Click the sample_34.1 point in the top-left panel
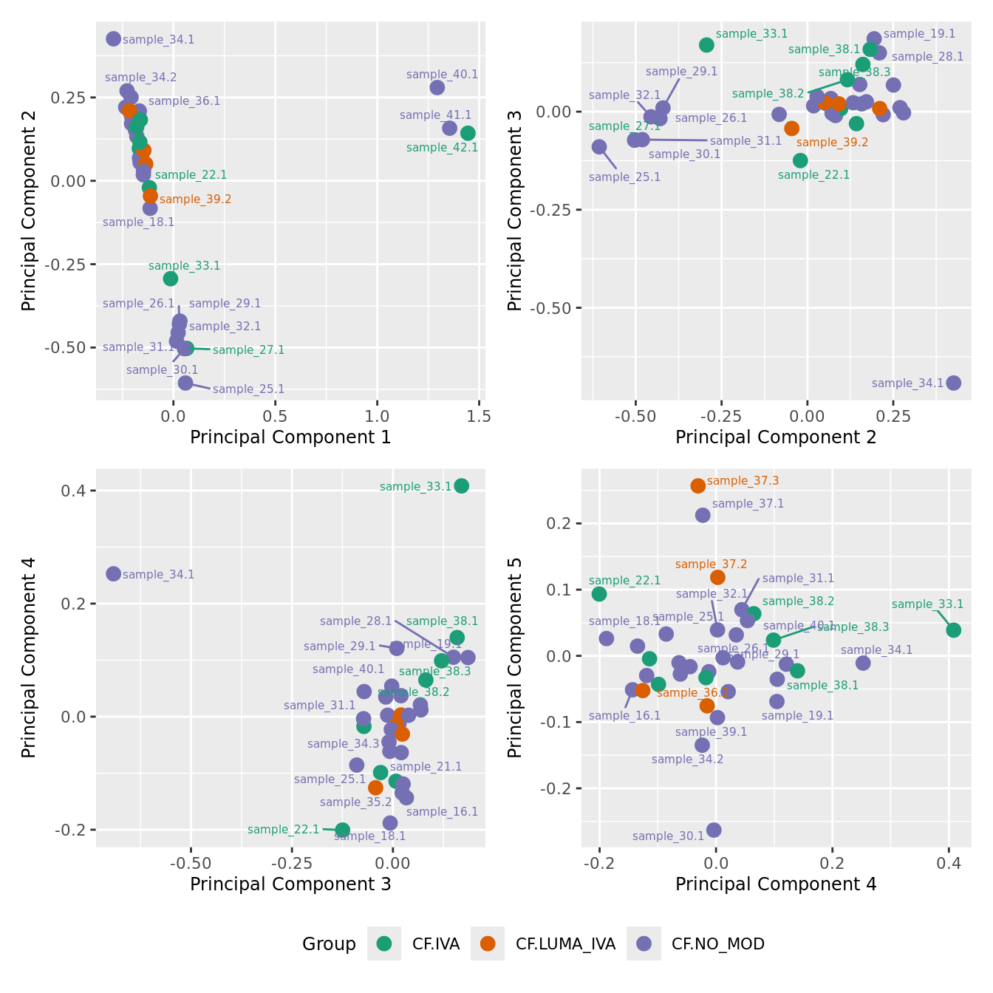[113, 39]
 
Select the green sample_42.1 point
[468, 133]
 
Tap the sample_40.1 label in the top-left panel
[442, 75]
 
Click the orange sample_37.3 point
[697, 485]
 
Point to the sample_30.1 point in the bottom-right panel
[714, 830]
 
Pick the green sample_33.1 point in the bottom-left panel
[461, 485]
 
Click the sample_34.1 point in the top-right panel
[953, 383]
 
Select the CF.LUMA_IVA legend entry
[565, 943]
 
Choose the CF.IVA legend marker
[384, 943]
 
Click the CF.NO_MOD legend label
[717, 943]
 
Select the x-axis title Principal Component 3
[290, 884]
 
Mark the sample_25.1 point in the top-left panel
[185, 383]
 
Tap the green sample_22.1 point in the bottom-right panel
[599, 594]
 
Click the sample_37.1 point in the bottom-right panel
[703, 515]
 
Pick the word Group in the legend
[329, 943]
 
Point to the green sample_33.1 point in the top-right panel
[706, 45]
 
